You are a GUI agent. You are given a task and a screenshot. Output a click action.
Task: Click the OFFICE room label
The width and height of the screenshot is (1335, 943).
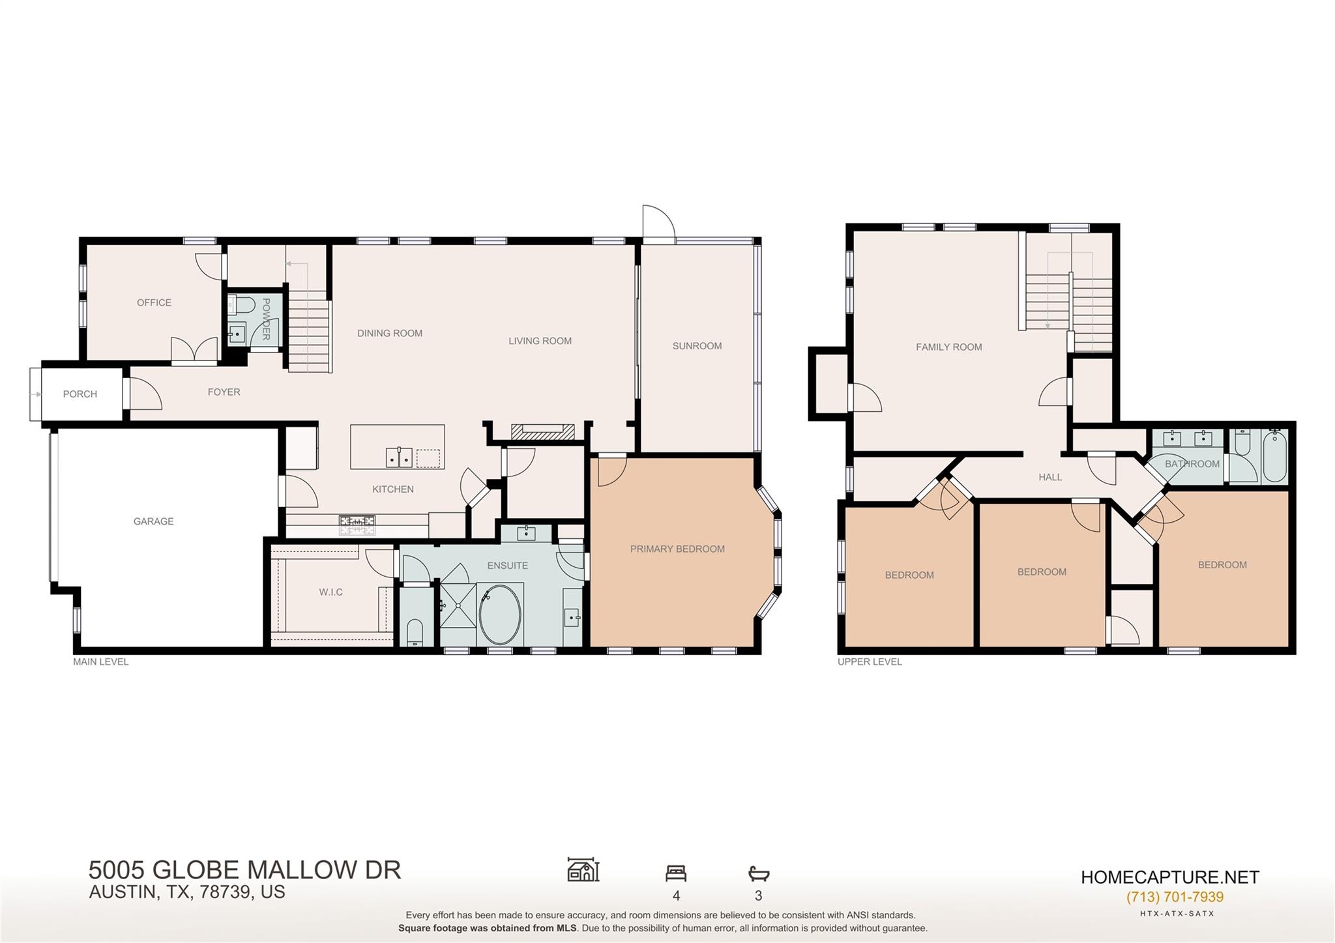154,302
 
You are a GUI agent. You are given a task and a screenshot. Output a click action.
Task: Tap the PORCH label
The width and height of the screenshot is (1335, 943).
80,394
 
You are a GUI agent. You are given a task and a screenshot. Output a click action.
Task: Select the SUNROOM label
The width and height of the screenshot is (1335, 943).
697,346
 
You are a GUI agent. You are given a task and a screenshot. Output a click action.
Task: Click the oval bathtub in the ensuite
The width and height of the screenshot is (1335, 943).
500,615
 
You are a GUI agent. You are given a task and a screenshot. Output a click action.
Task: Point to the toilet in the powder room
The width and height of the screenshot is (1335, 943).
244,304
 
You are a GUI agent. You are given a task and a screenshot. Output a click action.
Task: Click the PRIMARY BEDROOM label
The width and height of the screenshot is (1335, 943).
677,549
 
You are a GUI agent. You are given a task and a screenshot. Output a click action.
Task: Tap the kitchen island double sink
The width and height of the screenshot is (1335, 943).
399,458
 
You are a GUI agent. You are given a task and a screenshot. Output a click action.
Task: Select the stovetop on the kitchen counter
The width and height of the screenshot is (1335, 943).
357,521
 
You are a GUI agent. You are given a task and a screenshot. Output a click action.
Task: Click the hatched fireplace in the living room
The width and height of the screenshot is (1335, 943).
542,430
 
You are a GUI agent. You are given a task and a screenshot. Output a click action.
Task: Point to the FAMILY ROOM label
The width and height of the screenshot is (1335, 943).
948,347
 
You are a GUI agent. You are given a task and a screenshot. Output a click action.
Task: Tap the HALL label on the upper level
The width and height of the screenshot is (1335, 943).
1050,477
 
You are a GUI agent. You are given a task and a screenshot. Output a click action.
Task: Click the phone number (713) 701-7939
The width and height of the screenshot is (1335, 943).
1175,897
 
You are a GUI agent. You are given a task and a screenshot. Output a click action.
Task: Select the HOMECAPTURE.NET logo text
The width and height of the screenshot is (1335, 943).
1170,877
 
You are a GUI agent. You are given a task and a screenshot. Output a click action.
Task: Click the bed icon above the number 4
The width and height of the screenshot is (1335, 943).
676,873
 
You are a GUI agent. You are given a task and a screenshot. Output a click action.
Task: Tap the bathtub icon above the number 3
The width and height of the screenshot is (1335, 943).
759,873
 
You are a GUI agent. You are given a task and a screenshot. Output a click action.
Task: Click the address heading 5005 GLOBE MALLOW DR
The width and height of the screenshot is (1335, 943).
244,870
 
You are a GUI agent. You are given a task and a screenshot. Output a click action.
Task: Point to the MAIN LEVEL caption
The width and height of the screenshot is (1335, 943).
100,661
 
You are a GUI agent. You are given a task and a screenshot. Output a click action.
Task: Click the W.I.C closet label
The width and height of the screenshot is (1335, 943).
330,592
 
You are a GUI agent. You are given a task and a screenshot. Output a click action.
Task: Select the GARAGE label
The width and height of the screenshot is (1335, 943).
153,521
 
